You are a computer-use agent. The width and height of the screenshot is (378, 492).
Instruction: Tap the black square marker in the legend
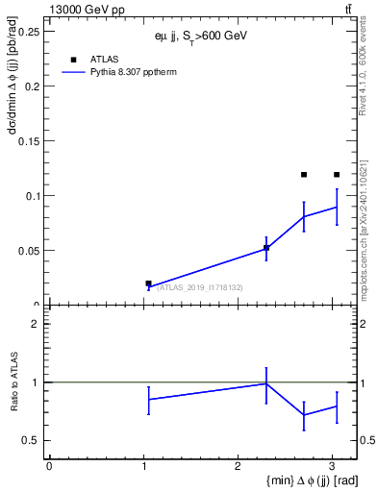point(73,59)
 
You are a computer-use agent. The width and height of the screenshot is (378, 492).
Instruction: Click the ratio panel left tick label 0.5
point(31,441)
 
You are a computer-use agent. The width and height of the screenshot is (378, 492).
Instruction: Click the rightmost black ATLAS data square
point(337,175)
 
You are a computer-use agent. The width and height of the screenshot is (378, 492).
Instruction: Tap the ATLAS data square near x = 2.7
point(304,175)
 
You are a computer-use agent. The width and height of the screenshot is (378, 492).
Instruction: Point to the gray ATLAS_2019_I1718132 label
point(200,287)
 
